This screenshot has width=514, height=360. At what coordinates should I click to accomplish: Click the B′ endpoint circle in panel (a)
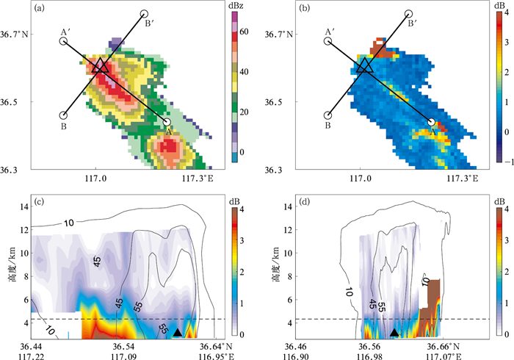[x=145, y=14]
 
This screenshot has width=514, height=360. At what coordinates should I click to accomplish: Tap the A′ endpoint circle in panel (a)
[x=64, y=41]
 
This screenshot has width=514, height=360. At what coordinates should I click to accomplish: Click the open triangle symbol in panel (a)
[x=100, y=66]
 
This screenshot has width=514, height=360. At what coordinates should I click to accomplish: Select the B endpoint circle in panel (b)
[x=328, y=115]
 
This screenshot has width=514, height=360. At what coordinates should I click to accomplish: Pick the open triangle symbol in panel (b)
[x=364, y=66]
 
